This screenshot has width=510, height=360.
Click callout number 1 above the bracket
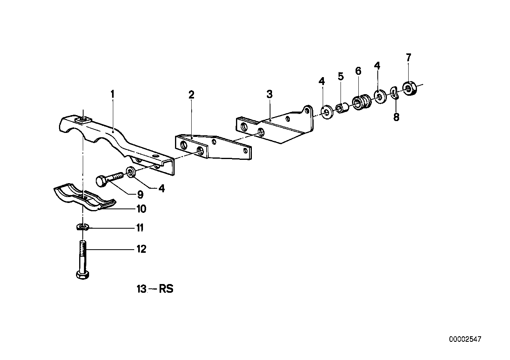[x=112, y=94]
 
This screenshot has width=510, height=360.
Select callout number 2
[x=191, y=95]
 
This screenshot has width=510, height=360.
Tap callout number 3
[x=269, y=94]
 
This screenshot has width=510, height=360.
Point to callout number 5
[x=341, y=76]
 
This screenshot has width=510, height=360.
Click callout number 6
[x=358, y=71]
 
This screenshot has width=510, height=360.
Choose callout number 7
[x=409, y=57]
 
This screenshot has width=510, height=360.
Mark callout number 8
[x=396, y=117]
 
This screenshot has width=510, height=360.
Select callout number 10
[x=141, y=208]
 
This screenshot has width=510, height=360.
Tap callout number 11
[x=140, y=228]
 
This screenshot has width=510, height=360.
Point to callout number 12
[x=141, y=249]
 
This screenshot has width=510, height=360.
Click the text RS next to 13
[x=166, y=289]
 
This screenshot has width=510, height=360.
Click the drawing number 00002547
[x=465, y=339]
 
